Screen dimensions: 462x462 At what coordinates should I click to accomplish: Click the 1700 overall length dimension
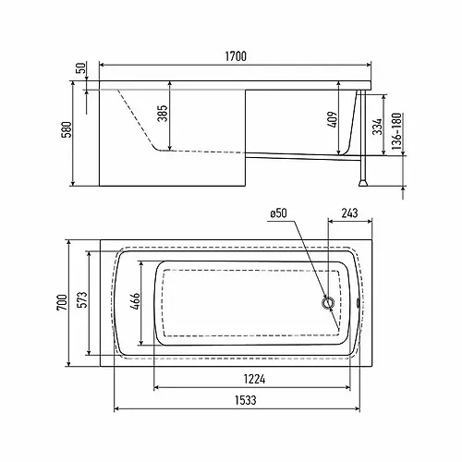coord(236,56)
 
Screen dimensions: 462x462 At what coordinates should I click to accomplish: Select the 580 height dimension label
coord(67,129)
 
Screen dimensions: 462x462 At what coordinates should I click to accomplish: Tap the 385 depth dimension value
coord(163,114)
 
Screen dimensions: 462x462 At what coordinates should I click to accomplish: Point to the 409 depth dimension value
coord(333,120)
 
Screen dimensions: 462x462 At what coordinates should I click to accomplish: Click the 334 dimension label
coord(377,127)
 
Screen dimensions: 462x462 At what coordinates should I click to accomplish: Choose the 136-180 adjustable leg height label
coord(397,131)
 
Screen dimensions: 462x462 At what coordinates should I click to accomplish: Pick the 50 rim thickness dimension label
coord(80,68)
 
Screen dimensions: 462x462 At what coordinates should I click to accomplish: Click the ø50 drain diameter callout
coord(278,213)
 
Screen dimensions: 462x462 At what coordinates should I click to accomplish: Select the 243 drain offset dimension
coord(350,213)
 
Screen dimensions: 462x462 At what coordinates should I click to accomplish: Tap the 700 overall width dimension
coord(62,303)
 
